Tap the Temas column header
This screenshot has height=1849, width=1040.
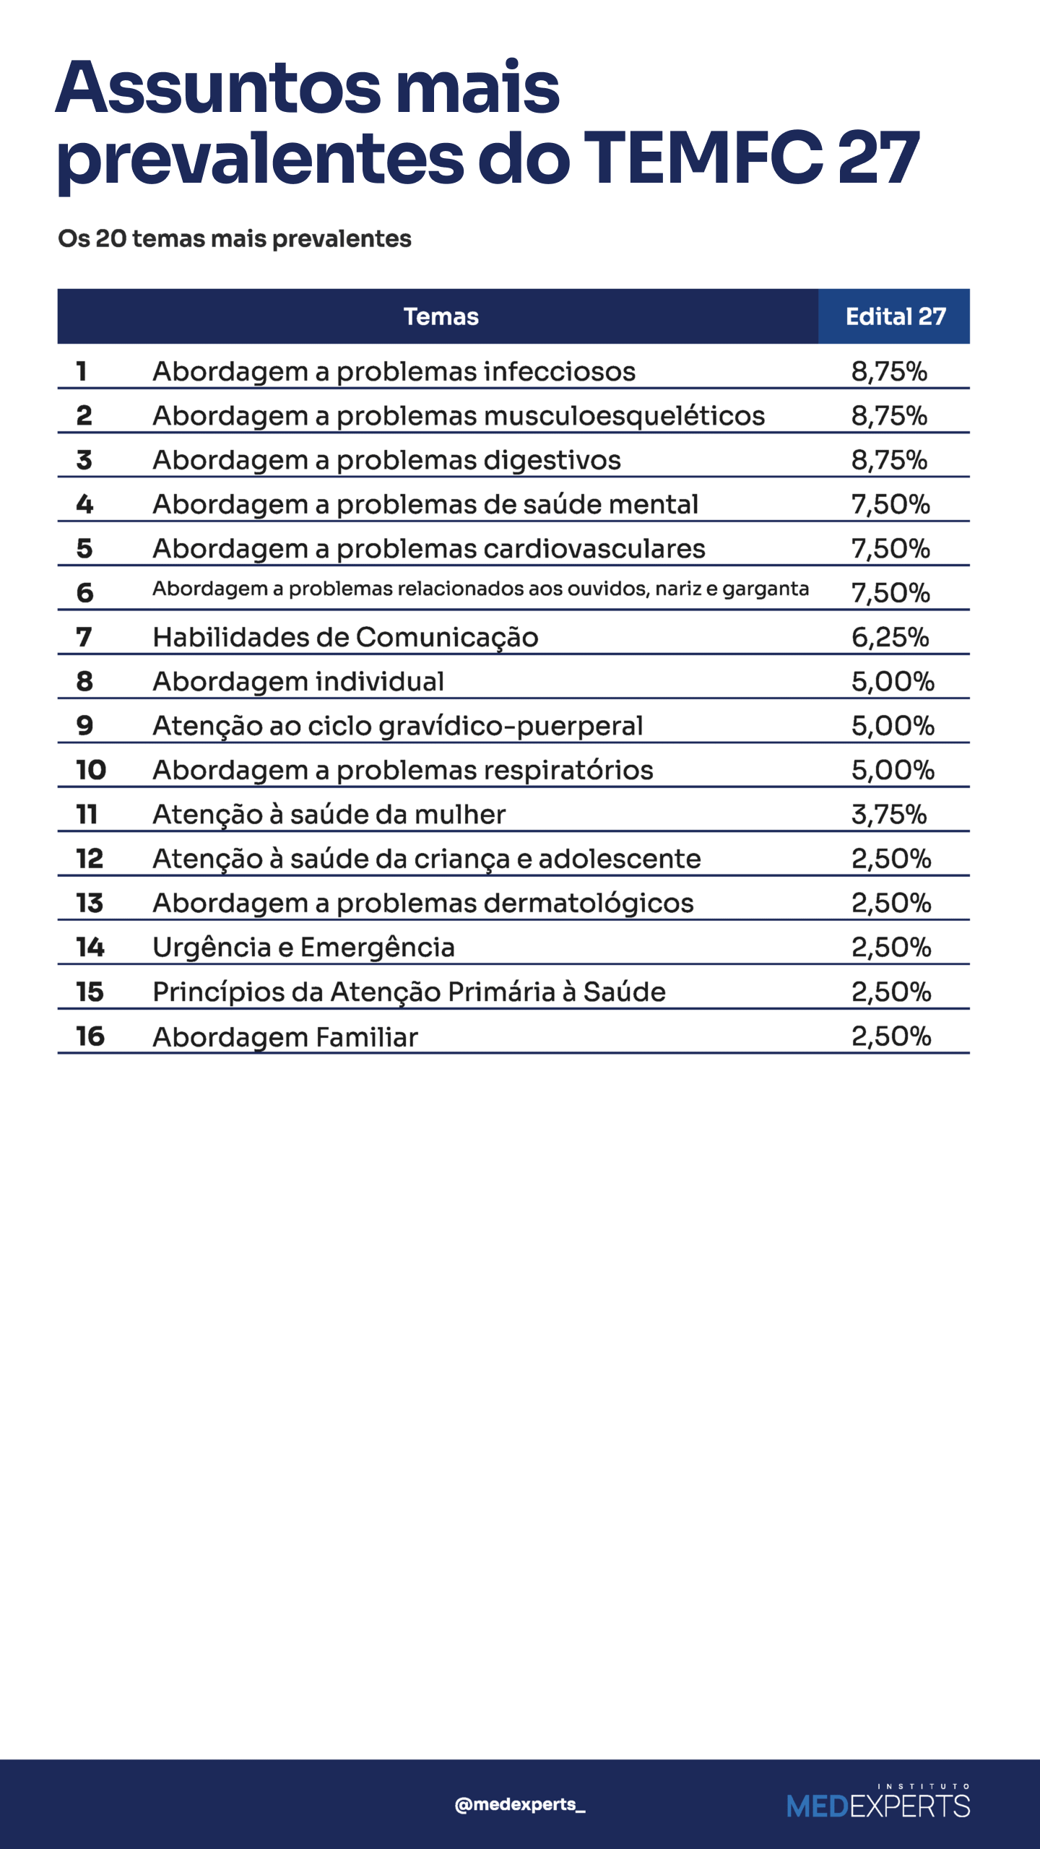click(441, 316)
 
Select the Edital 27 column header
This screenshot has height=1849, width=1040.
click(895, 316)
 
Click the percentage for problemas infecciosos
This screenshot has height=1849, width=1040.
click(889, 371)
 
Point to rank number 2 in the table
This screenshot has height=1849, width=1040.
click(84, 415)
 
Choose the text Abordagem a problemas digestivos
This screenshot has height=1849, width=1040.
click(386, 460)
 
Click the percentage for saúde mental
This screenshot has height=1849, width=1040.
click(890, 504)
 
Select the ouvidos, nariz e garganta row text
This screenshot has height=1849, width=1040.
click(480, 589)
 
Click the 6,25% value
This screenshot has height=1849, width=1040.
click(890, 637)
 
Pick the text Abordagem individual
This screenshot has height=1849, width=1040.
click(298, 682)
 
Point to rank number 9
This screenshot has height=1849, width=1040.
click(84, 726)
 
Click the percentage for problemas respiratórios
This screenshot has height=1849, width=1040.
click(893, 770)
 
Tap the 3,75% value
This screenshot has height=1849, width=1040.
click(889, 815)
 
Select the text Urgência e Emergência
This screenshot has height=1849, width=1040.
click(303, 948)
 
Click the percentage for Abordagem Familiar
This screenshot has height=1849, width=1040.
click(891, 1036)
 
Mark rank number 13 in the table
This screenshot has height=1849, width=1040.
click(90, 903)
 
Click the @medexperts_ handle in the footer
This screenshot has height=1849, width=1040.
click(519, 1804)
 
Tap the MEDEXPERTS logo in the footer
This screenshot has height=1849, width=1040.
click(877, 1804)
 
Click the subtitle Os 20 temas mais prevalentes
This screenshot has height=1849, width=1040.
click(235, 238)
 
